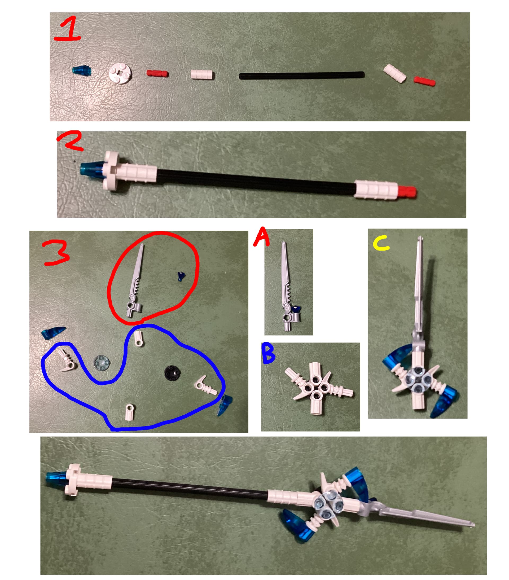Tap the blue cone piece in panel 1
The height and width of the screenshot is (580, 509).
pyautogui.click(x=82, y=70)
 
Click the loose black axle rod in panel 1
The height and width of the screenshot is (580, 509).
pyautogui.click(x=302, y=75)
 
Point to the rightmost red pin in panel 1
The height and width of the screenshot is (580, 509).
pyautogui.click(x=424, y=81)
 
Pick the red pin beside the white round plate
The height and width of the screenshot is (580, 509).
pyautogui.click(x=157, y=73)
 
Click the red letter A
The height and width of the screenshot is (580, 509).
pyautogui.click(x=261, y=237)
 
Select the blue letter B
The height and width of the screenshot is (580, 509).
pyautogui.click(x=268, y=354)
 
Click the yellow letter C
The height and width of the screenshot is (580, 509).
pyautogui.click(x=381, y=244)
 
